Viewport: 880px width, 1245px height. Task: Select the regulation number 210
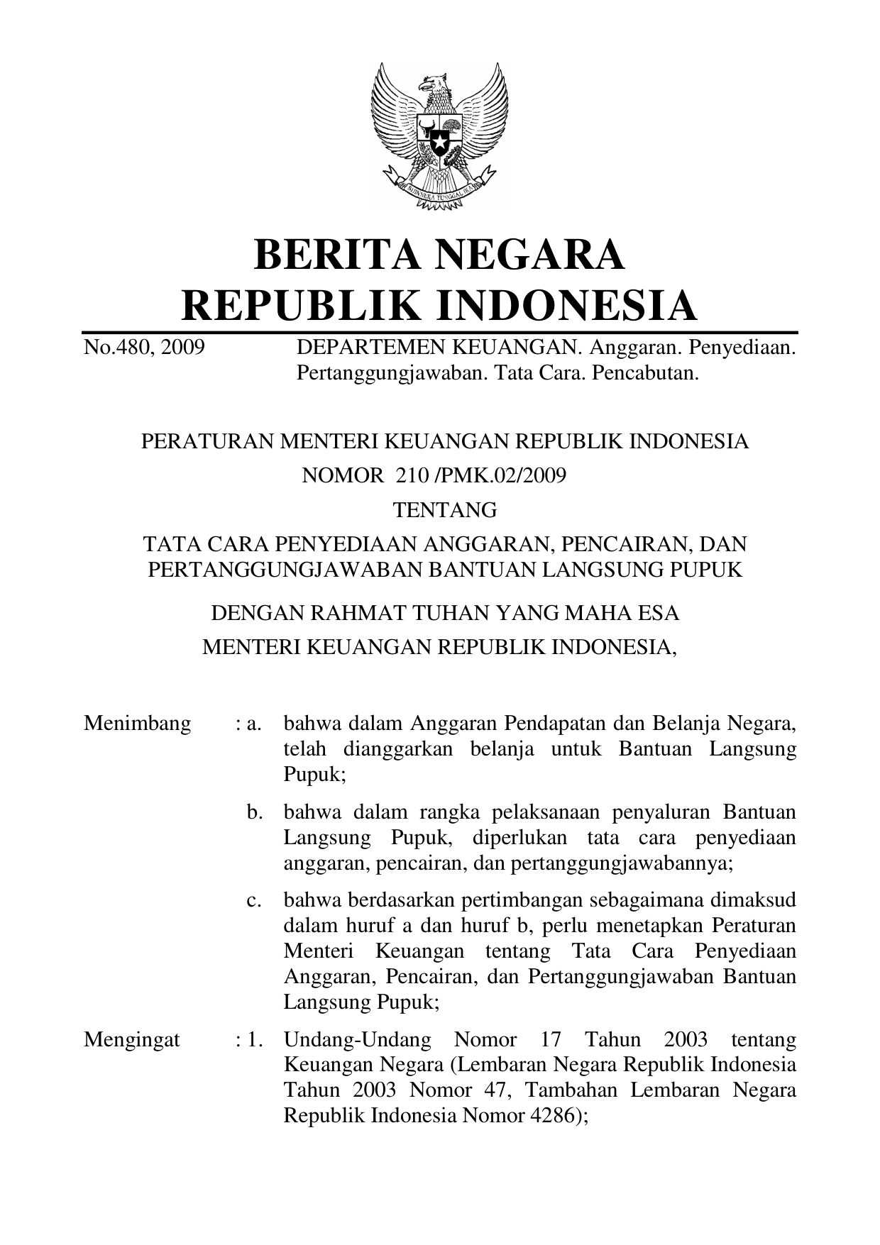tap(409, 475)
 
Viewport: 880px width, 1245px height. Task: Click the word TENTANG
tap(445, 510)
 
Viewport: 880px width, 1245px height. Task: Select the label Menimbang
tap(137, 724)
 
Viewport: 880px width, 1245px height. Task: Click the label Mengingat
tap(132, 1040)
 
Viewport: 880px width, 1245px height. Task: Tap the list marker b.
tap(255, 812)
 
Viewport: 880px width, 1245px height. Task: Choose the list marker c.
tap(254, 901)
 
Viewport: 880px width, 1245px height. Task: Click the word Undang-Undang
tap(358, 1040)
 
